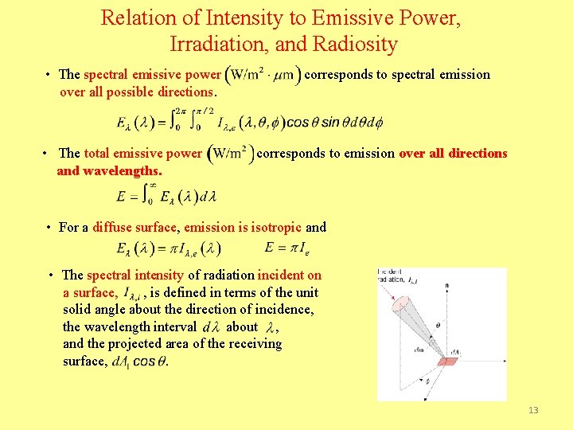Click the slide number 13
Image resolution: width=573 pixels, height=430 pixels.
(533, 410)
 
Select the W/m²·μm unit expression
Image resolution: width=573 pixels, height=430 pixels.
(263, 75)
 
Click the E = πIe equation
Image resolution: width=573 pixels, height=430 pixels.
(286, 248)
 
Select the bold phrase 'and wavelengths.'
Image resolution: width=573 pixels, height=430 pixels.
(109, 170)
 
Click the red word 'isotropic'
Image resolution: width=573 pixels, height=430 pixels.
(276, 227)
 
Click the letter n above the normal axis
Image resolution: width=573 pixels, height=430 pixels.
(446, 284)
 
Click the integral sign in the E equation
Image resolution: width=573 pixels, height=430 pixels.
(148, 194)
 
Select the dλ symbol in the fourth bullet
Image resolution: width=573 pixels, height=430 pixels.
(211, 326)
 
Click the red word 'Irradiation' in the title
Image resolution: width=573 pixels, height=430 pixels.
(213, 45)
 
